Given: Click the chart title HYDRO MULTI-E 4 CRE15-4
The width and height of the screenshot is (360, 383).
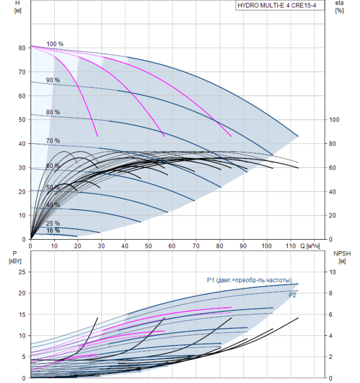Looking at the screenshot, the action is click(x=277, y=5).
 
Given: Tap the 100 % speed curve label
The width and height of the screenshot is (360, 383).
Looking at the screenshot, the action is click(x=55, y=44).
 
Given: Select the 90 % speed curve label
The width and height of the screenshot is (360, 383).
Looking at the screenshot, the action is click(x=53, y=80).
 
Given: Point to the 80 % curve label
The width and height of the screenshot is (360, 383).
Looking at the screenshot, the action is click(x=53, y=112).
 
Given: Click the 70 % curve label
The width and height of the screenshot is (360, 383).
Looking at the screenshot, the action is click(x=53, y=141).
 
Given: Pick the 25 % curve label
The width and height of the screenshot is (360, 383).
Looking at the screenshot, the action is click(x=53, y=223).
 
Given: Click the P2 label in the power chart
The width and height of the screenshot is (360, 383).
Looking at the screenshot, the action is click(x=292, y=295).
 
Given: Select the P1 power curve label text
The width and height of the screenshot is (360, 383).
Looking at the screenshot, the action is click(x=249, y=280).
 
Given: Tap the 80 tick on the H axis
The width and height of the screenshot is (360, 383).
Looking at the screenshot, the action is click(x=22, y=48).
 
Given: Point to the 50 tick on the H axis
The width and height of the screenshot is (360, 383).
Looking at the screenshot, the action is click(x=22, y=120).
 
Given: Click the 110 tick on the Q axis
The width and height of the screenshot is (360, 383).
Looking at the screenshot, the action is click(x=291, y=246).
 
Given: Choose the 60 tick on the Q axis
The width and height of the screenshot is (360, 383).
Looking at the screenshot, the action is click(x=172, y=246).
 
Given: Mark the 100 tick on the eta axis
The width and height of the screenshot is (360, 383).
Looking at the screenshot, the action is click(x=334, y=120).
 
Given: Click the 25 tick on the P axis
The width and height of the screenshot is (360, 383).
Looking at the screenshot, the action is click(x=22, y=272).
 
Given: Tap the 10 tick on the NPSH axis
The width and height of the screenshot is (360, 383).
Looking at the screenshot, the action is click(x=333, y=272).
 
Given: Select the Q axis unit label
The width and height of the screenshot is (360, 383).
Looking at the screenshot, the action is click(x=310, y=246).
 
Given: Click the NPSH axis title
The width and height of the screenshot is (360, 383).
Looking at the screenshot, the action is click(x=342, y=253).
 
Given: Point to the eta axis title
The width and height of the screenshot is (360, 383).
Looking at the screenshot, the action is click(x=340, y=3).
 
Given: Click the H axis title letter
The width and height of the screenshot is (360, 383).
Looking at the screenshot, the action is click(x=18, y=3).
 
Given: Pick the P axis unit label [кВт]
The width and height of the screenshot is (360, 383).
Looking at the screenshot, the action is click(x=15, y=261).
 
